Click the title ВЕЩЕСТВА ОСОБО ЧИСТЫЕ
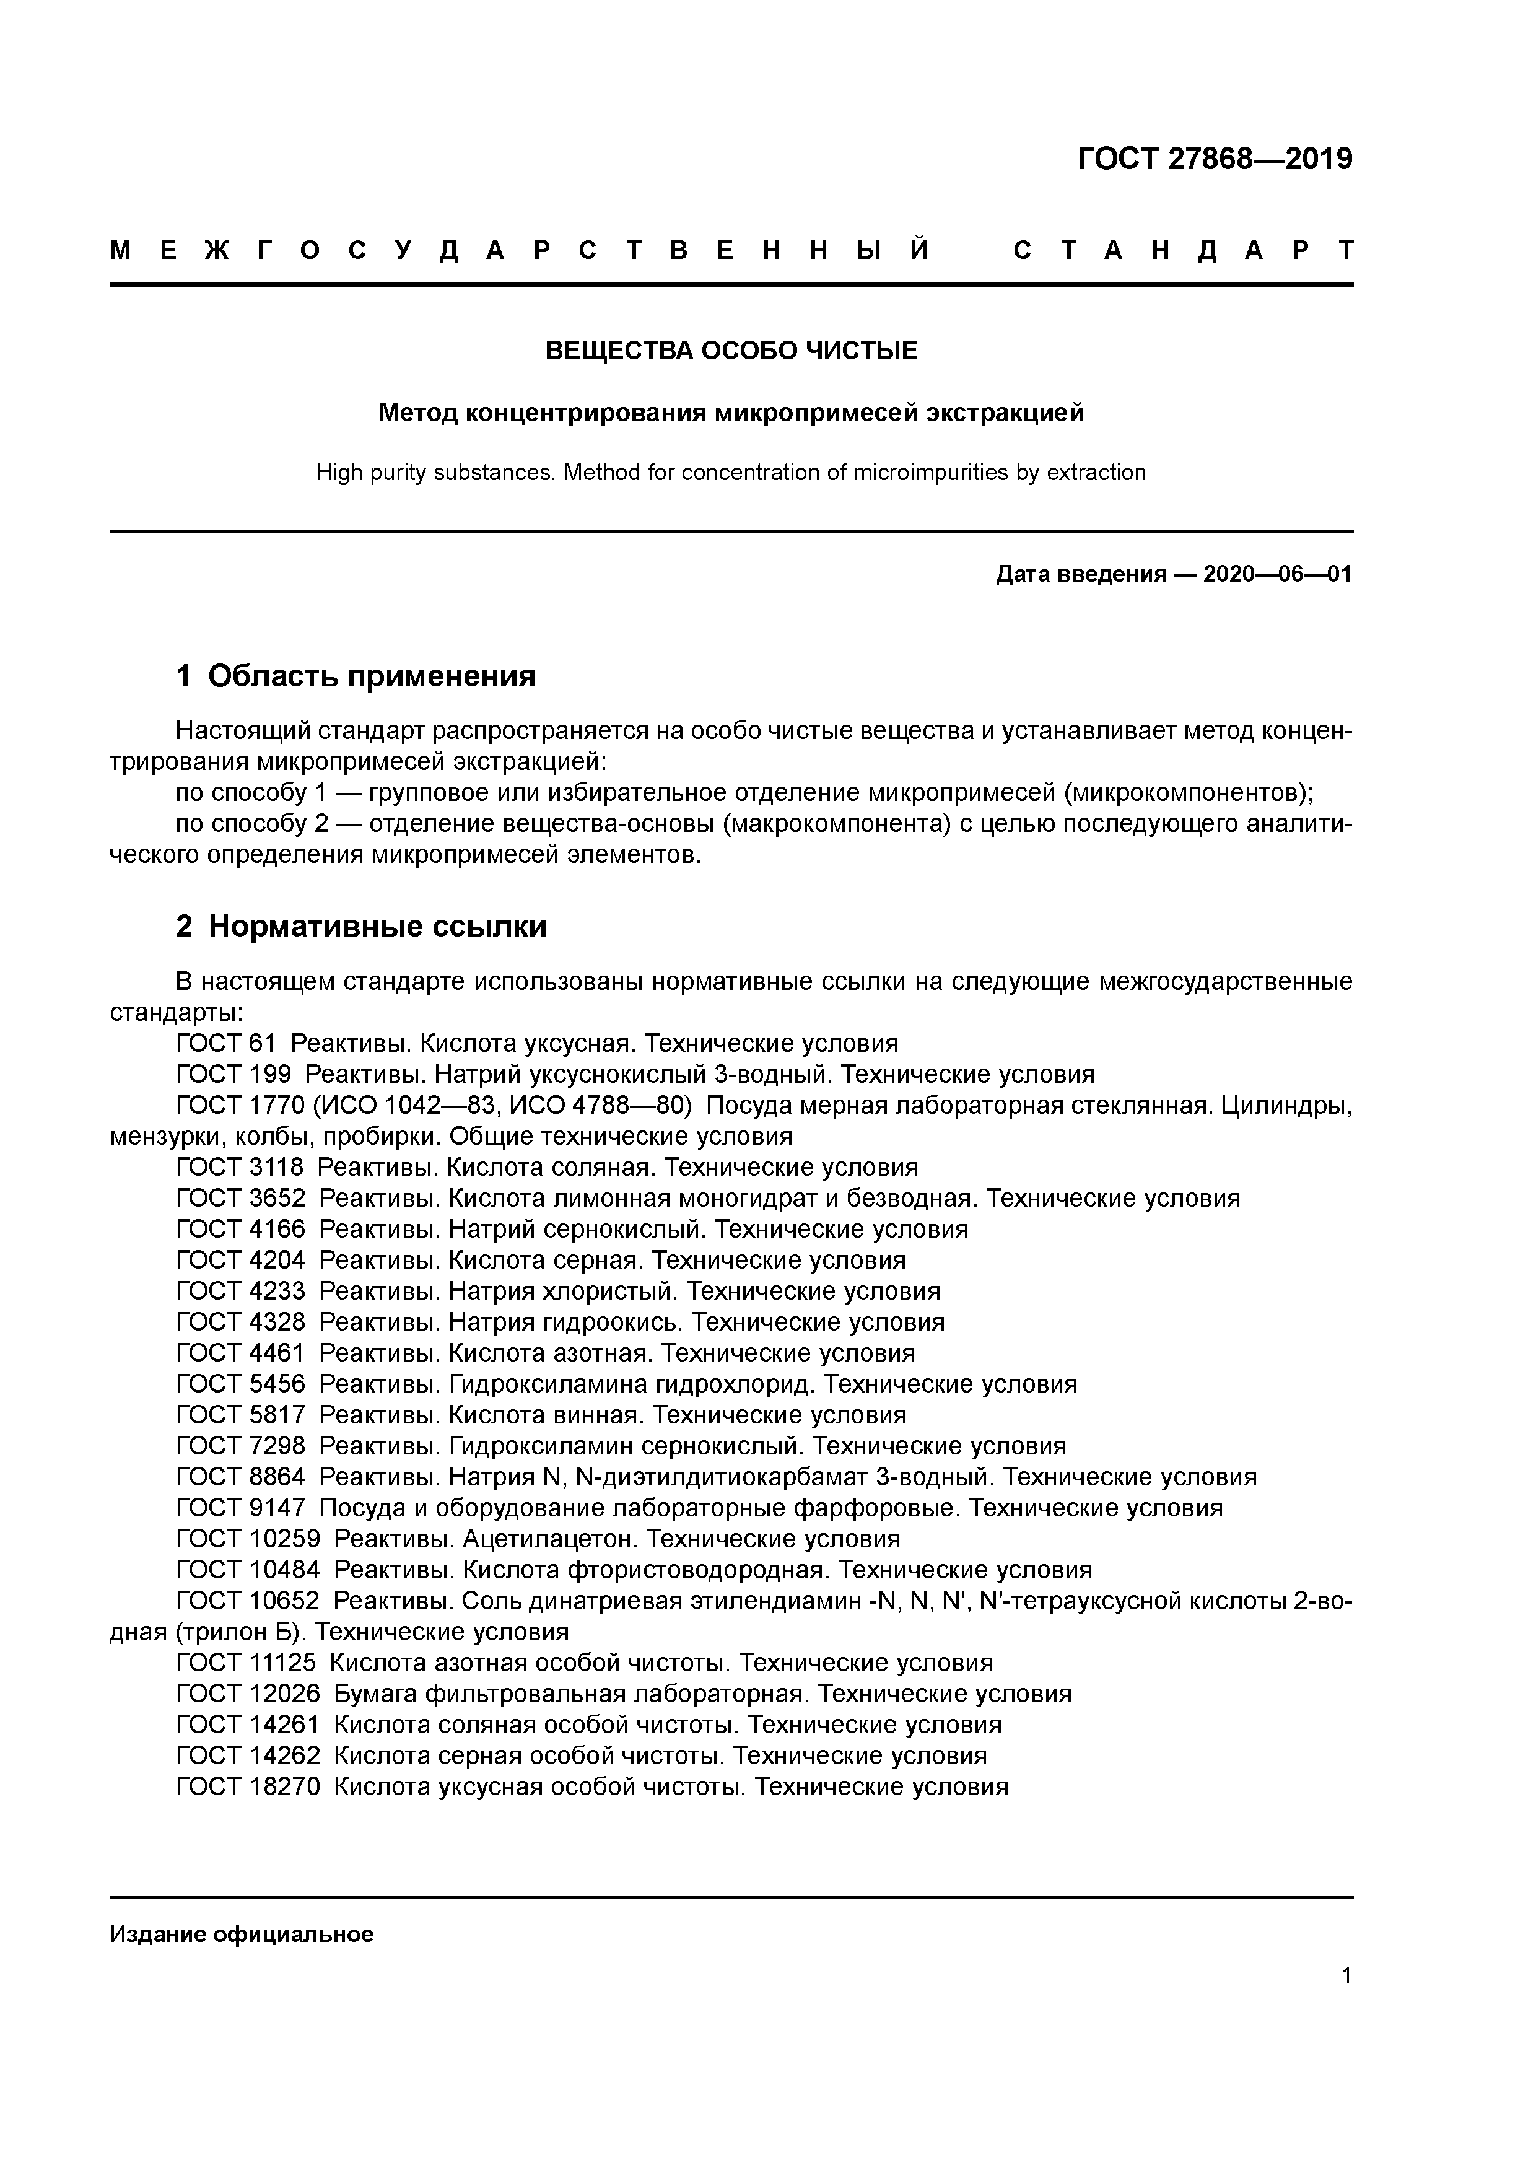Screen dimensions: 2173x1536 pos(731,351)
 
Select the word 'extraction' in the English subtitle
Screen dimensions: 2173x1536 pos(1095,472)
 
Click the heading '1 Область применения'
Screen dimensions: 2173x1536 pos(356,676)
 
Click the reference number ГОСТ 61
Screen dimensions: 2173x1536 pos(225,1043)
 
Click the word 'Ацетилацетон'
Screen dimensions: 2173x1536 pos(545,1538)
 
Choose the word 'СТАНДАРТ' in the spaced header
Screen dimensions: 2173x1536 pos(1183,251)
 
